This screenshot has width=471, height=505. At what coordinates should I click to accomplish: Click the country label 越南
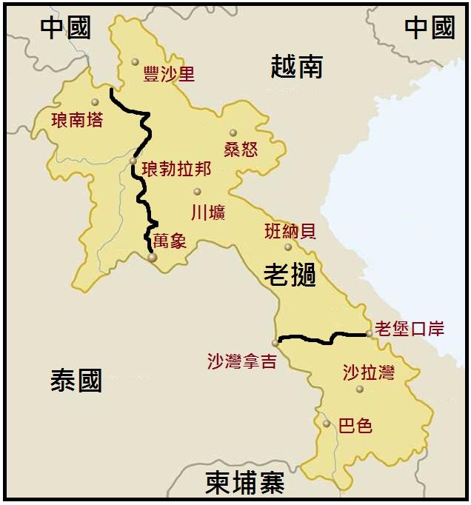point(296,67)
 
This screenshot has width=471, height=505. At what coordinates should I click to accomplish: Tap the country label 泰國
point(76,381)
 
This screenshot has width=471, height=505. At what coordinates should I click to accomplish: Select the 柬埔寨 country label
point(245,483)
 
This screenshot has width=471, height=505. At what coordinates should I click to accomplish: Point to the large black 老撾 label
point(290,275)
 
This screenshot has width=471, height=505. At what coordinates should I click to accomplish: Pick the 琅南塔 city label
point(76,119)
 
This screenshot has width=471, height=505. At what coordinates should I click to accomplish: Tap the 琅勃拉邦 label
point(176,169)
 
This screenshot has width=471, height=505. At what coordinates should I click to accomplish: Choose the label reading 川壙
point(207,213)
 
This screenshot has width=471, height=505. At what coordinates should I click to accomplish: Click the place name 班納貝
point(290,231)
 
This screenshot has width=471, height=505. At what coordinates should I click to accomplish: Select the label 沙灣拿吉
point(242,361)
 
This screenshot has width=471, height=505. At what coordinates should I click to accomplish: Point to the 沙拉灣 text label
point(368,372)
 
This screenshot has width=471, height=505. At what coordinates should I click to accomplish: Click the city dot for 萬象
point(152,258)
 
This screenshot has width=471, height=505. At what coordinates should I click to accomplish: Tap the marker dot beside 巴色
point(327,424)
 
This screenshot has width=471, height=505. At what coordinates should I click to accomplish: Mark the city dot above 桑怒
point(233,133)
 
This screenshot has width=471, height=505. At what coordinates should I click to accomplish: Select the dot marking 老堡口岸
point(369,333)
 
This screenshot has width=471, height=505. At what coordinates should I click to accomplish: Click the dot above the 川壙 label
point(197,192)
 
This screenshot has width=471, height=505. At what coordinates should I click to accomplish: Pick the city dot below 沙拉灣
point(360,389)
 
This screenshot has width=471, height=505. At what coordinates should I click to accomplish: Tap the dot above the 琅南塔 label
point(95,102)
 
